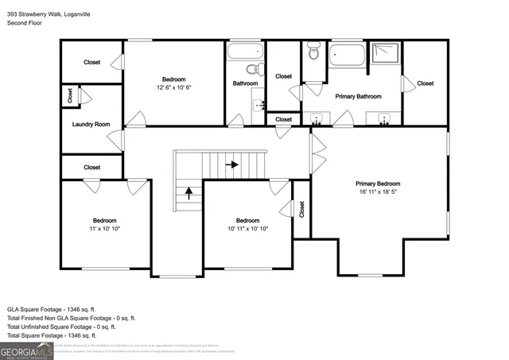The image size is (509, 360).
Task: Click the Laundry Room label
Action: [x=91, y=124]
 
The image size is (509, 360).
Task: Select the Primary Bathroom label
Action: [x=358, y=96]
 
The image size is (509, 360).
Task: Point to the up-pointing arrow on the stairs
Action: [x=188, y=191]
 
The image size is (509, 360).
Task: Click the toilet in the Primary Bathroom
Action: [x=313, y=53]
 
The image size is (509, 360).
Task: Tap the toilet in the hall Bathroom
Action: [x=252, y=69]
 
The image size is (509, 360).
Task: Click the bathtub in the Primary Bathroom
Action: [x=347, y=56]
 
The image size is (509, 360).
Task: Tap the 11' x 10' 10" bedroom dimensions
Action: [x=106, y=228]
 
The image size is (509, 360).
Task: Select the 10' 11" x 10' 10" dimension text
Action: [x=247, y=228]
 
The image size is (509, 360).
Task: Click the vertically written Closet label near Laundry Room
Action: [x=70, y=96]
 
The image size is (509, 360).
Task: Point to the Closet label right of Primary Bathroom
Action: [x=425, y=83]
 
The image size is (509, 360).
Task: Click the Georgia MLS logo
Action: [x=26, y=350]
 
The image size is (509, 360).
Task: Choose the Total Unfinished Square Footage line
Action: [x=62, y=327]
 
